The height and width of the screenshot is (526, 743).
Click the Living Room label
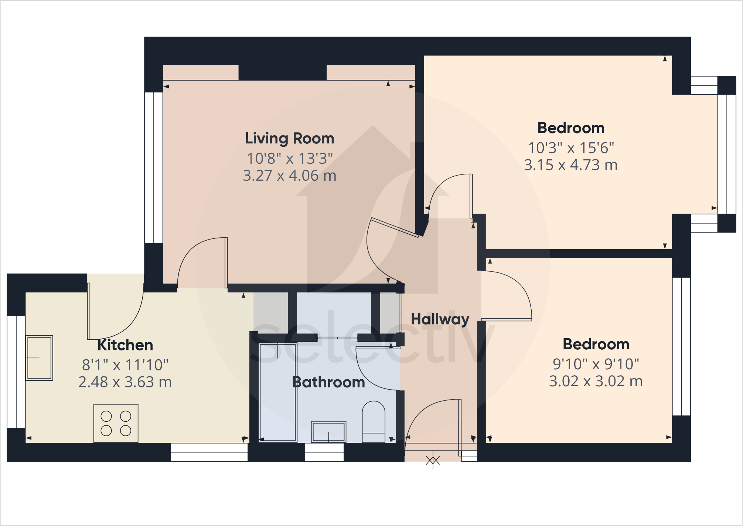click(x=290, y=139)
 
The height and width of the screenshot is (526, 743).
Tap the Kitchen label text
click(x=125, y=345)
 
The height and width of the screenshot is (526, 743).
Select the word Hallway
click(x=440, y=319)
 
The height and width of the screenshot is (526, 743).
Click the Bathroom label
click(x=328, y=382)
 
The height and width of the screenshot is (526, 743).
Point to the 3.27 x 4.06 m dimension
click(x=290, y=176)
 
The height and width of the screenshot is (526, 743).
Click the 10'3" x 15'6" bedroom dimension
click(x=571, y=148)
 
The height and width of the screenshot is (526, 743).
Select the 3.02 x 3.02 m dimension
click(x=596, y=381)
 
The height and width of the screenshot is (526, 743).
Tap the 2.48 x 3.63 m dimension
click(x=125, y=382)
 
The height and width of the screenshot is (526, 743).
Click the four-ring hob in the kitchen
click(x=116, y=423)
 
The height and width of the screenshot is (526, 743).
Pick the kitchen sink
click(x=39, y=358)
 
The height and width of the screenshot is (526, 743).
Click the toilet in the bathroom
click(x=374, y=421)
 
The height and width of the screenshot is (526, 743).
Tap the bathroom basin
click(x=328, y=431)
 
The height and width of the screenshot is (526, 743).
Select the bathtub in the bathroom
click(x=278, y=392)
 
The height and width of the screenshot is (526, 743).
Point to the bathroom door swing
click(x=377, y=370)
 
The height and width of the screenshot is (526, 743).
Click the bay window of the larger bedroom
click(x=726, y=154)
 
